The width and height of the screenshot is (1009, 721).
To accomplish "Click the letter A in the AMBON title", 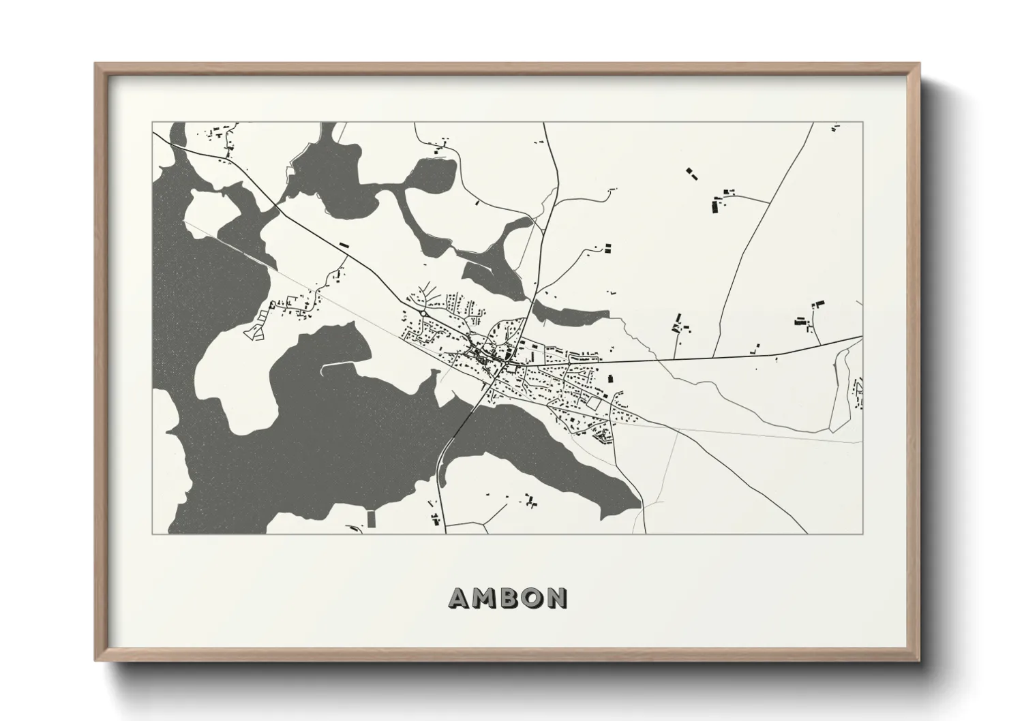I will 459,598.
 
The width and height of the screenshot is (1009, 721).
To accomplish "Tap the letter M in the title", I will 483,598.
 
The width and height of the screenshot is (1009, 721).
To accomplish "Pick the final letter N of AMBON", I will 556,598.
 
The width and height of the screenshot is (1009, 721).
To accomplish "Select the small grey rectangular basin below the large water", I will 371,518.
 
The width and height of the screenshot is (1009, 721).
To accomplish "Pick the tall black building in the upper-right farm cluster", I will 717,204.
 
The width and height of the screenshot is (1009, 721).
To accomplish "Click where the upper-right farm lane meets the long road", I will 770,202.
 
